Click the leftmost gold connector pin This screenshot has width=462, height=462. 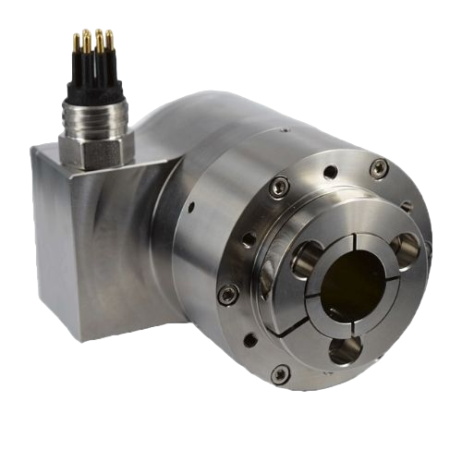[x=77, y=42]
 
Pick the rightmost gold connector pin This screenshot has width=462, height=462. [x=109, y=39]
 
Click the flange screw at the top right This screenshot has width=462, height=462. [x=379, y=167]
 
